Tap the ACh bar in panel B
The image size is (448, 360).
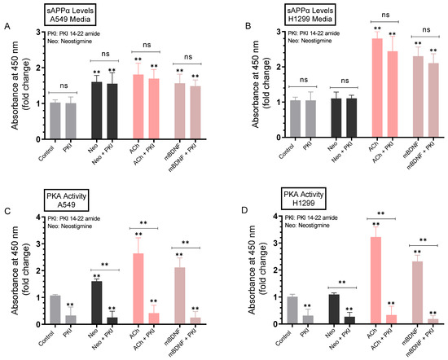point(377,85)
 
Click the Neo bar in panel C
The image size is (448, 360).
point(96,303)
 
